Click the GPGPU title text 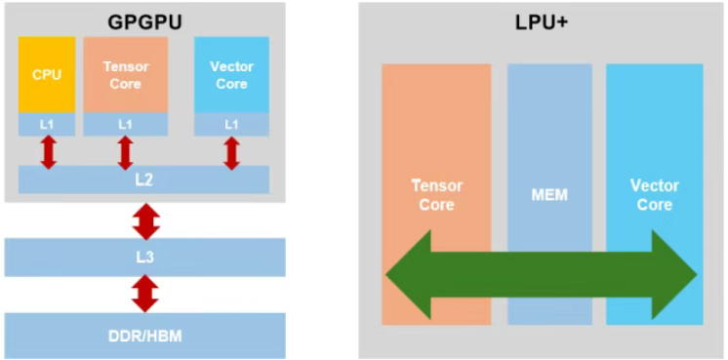coord(144,22)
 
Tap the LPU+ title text coord(542,22)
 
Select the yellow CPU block coord(47,75)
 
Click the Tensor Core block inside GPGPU coord(125,75)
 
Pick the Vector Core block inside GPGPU coord(231,75)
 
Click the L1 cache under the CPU coord(47,124)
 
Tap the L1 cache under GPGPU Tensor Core coord(125,124)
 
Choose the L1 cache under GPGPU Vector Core coord(231,124)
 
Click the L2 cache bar coord(143,180)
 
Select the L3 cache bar coord(144,258)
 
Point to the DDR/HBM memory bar coord(144,336)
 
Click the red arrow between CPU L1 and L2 coord(48,152)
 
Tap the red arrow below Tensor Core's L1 coord(125,152)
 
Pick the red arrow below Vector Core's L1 coord(231,152)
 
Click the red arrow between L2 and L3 coord(146,220)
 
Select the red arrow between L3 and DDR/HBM coord(145,294)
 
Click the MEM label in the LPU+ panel coord(549,195)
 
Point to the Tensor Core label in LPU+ coord(436,195)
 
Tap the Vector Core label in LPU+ coord(654,195)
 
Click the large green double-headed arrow coord(542,275)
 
